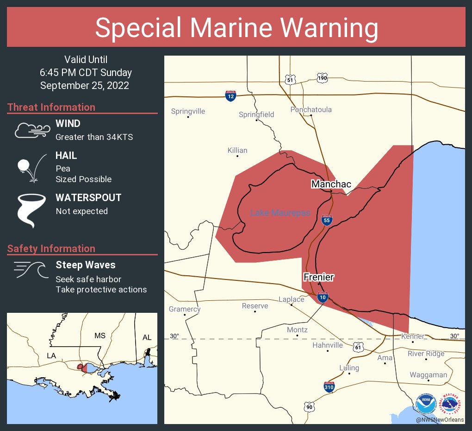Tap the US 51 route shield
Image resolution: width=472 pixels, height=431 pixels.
pos(290,79)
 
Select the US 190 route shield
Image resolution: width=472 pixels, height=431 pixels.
pos(323,78)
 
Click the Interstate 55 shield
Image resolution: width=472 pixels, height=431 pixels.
pos(327,220)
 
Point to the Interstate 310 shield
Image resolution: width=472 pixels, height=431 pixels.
pos(329,387)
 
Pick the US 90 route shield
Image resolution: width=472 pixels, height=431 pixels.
pos(310,407)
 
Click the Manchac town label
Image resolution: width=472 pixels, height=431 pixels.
pos(331,184)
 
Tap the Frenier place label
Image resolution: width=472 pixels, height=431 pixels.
pos(318,277)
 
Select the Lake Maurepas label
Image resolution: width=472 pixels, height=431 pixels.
pos(279,213)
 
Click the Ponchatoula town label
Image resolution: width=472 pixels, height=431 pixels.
pos(311,110)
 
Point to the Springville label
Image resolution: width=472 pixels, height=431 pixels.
pos(188,111)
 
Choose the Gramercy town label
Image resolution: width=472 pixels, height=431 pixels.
pos(185,309)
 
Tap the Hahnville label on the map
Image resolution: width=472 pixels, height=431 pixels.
pos(327,345)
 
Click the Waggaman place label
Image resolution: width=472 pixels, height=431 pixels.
pos(428,375)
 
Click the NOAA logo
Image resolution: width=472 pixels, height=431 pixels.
pos(426,404)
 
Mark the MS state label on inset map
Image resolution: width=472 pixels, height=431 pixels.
pos(100,335)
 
